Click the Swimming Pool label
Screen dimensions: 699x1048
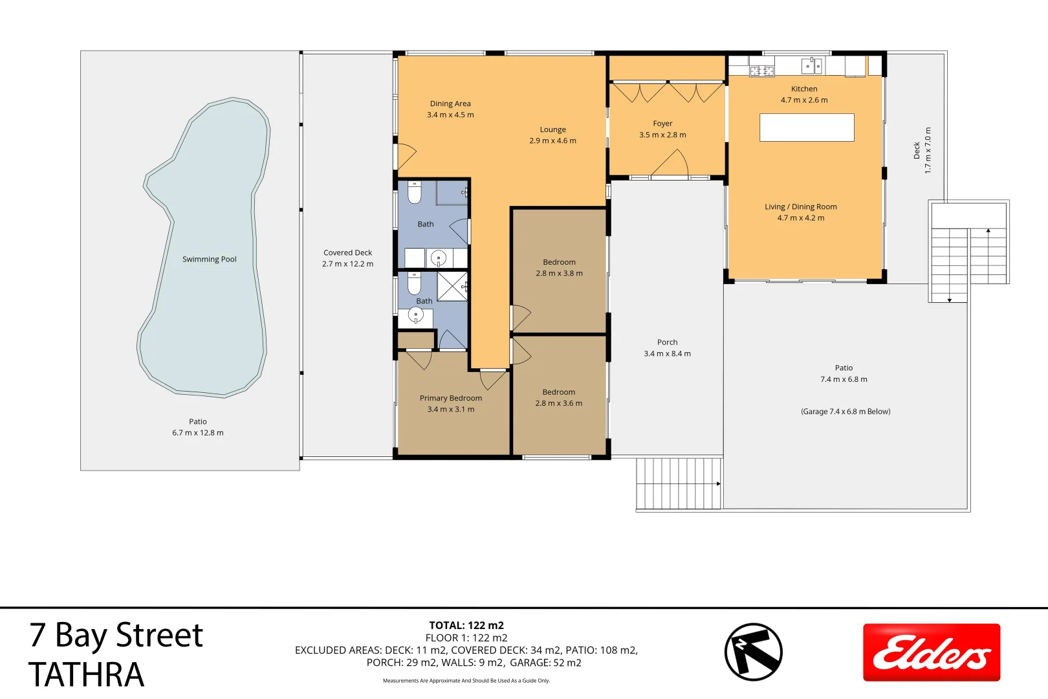pyautogui.click(x=209, y=259)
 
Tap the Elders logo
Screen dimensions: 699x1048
pyautogui.click(x=931, y=652)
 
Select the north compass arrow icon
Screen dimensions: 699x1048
pyautogui.click(x=753, y=652)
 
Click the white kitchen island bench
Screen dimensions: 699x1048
pyautogui.click(x=807, y=128)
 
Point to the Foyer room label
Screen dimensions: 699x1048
pyautogui.click(x=662, y=124)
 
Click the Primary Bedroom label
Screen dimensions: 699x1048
pyautogui.click(x=450, y=398)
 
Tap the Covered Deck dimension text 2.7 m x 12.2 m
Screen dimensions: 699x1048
pyautogui.click(x=347, y=264)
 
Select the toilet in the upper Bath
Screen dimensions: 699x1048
pyautogui.click(x=415, y=192)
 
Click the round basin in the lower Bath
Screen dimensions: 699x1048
pyautogui.click(x=415, y=315)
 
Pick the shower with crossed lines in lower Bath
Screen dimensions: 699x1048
pyautogui.click(x=452, y=286)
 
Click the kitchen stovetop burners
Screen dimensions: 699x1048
pyautogui.click(x=761, y=71)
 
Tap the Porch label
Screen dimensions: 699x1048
pyautogui.click(x=667, y=342)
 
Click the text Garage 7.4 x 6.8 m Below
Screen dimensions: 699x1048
pyautogui.click(x=845, y=412)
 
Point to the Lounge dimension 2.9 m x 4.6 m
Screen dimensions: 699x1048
pyautogui.click(x=552, y=140)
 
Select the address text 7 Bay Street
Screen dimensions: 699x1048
pyautogui.click(x=116, y=636)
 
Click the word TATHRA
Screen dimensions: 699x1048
pyautogui.click(x=86, y=674)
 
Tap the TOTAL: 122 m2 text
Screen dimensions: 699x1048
pyautogui.click(x=466, y=625)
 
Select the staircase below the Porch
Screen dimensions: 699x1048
pyautogui.click(x=678, y=483)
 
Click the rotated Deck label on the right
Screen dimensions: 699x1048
pyautogui.click(x=916, y=150)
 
